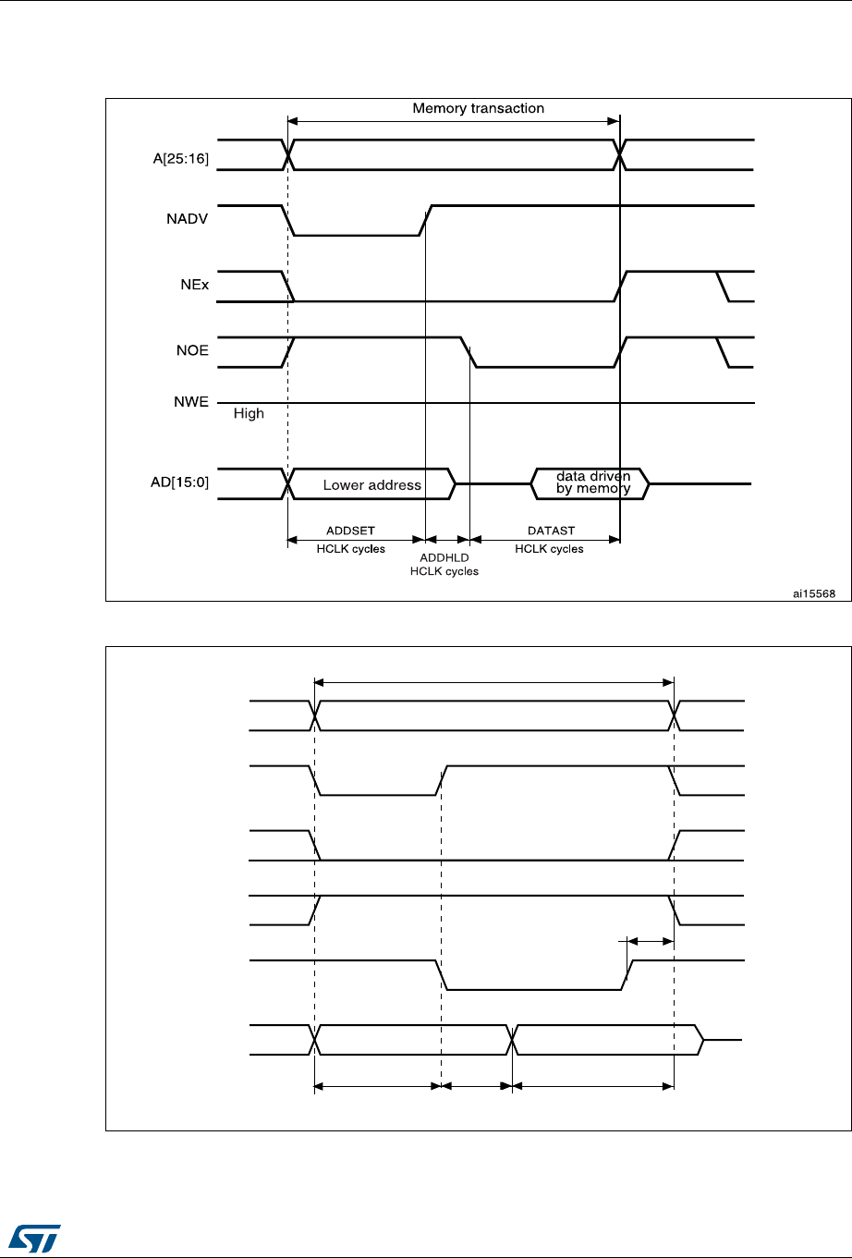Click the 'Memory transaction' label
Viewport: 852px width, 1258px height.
[478, 108]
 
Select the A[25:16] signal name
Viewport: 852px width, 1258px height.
[183, 159]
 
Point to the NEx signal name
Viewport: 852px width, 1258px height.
[194, 286]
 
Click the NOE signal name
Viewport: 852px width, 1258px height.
[193, 350]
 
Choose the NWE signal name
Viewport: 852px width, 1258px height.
[192, 402]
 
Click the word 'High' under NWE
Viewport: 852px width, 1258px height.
[249, 414]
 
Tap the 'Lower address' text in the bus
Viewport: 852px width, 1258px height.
[371, 485]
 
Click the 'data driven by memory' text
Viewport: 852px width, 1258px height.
[592, 482]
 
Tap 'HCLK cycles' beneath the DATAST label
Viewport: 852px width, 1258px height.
[549, 549]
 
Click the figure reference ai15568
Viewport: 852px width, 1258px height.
[814, 593]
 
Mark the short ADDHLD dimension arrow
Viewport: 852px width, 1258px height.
[447, 538]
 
